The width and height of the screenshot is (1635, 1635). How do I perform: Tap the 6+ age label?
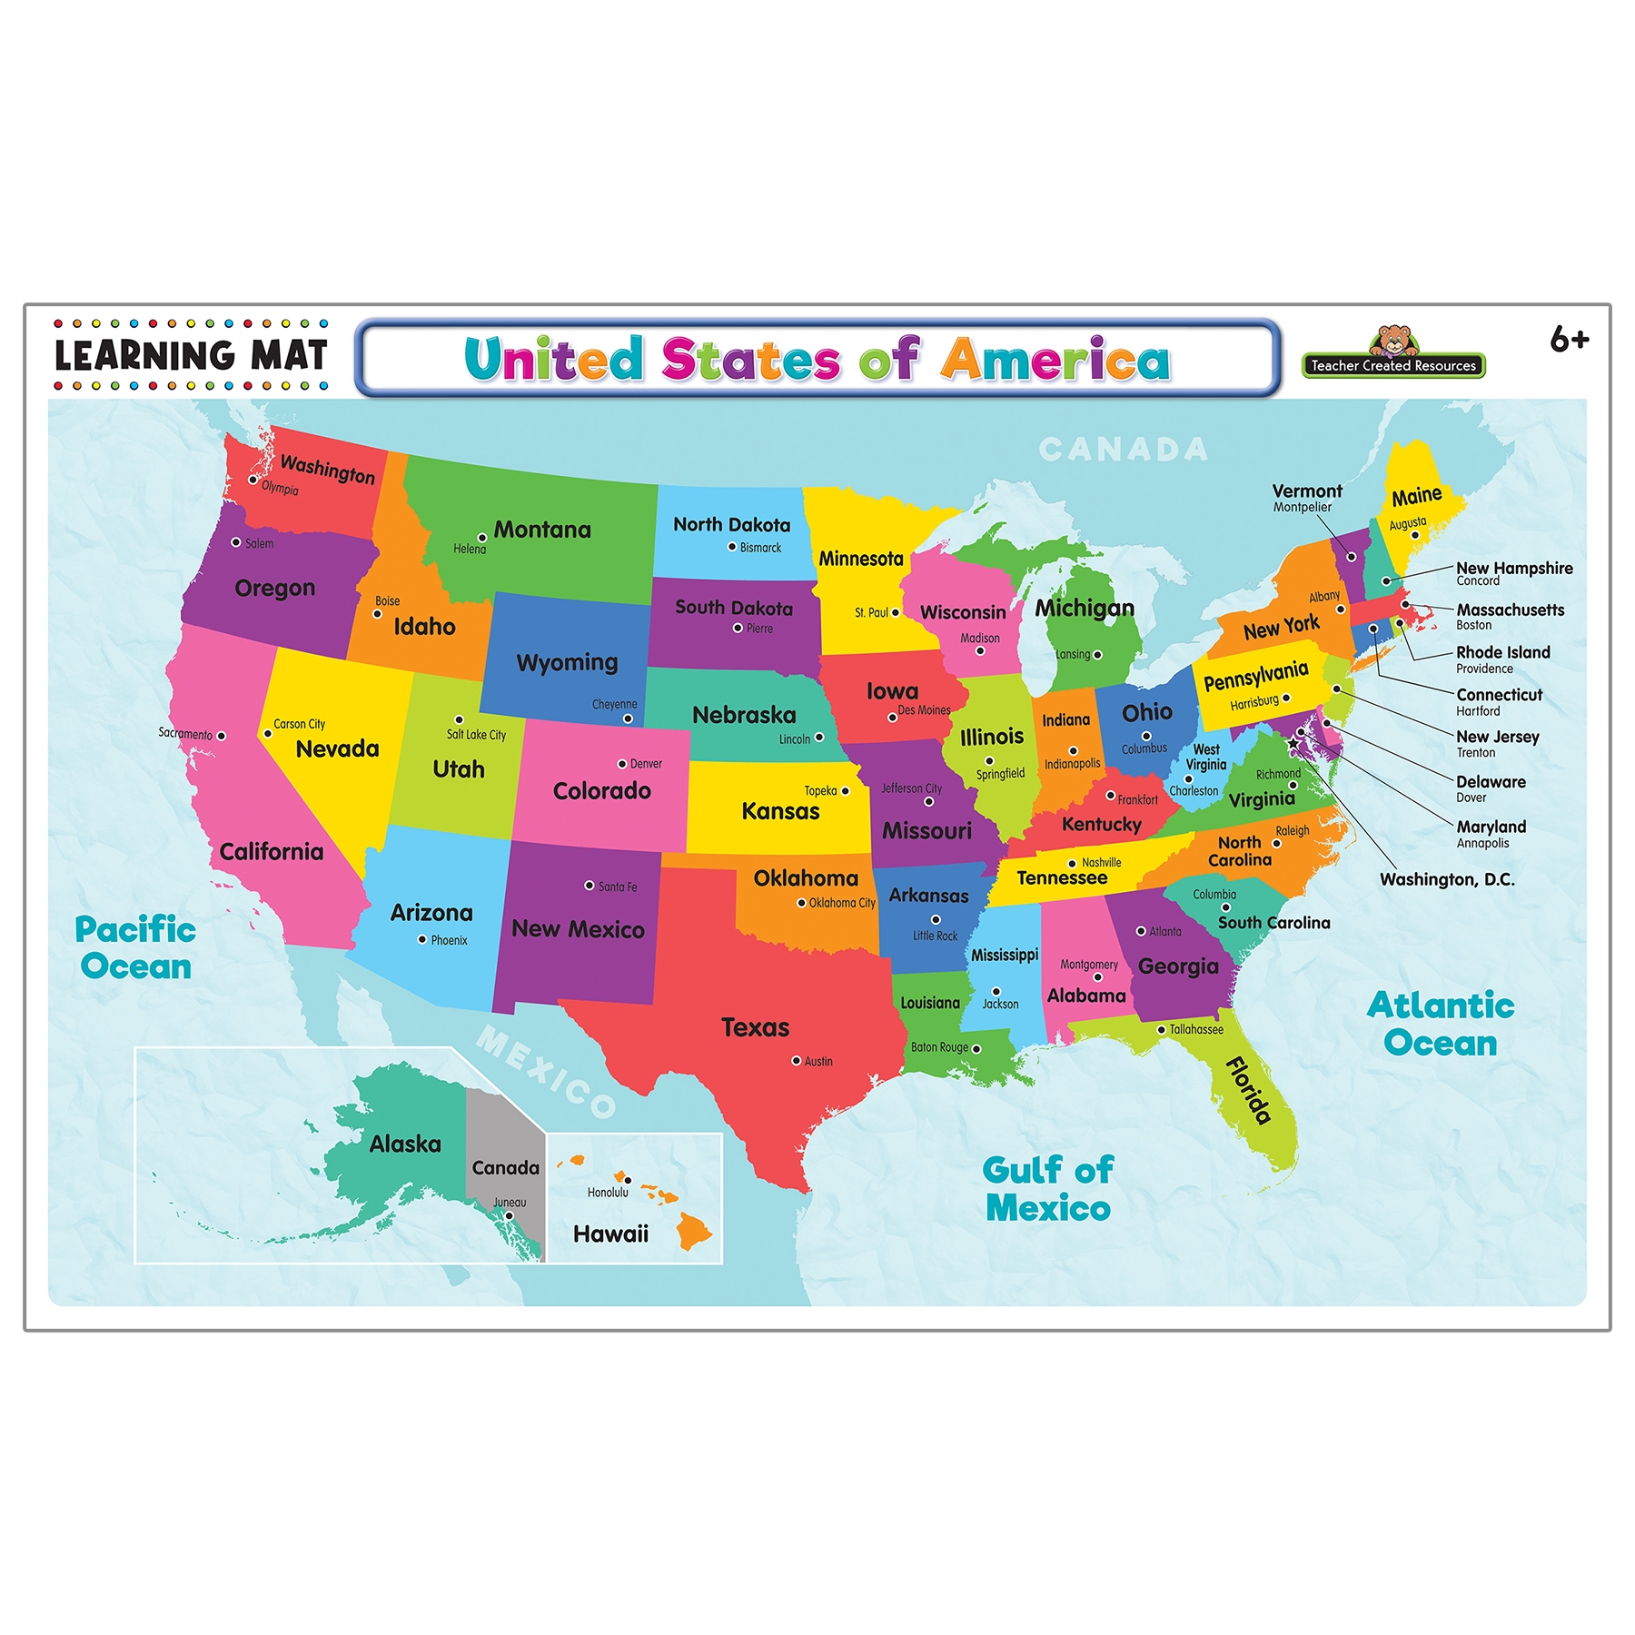pos(1569,340)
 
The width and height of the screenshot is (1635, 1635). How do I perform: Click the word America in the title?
pos(1055,359)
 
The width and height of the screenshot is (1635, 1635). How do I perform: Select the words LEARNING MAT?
pos(191,355)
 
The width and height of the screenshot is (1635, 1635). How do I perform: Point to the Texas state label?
pos(755,1027)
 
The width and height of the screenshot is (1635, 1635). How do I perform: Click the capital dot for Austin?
pos(797,1061)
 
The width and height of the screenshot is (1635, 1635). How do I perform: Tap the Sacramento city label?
pos(185,733)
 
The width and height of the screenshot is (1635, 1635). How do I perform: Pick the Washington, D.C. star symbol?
pos(1293,743)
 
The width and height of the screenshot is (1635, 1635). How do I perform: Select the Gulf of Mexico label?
pos(1048,1189)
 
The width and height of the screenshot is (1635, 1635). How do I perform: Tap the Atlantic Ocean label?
pos(1441,1025)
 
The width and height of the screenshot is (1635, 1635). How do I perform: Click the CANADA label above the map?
pos(1123,449)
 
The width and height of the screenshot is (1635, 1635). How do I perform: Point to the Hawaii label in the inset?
pos(610,1234)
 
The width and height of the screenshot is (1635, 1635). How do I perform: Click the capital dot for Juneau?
pos(509,1215)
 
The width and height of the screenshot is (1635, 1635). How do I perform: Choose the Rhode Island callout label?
pos(1502,652)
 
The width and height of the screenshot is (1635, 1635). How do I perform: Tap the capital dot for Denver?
pos(622,764)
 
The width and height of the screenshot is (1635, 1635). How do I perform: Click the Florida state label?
pos(1249,1091)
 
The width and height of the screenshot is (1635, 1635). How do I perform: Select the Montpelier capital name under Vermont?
pos(1302,508)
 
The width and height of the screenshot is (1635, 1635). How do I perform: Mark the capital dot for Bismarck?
pos(732,547)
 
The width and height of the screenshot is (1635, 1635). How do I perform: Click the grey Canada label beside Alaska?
pos(505,1168)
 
